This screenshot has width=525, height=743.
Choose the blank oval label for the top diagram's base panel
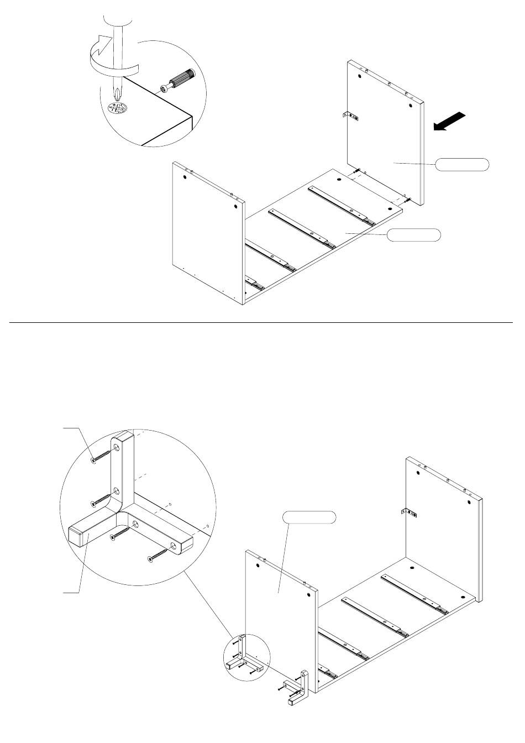click(x=413, y=235)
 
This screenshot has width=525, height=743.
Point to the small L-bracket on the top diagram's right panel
click(x=350, y=116)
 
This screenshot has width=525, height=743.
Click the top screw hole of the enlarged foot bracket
click(x=117, y=446)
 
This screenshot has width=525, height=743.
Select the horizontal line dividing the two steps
click(x=262, y=322)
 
